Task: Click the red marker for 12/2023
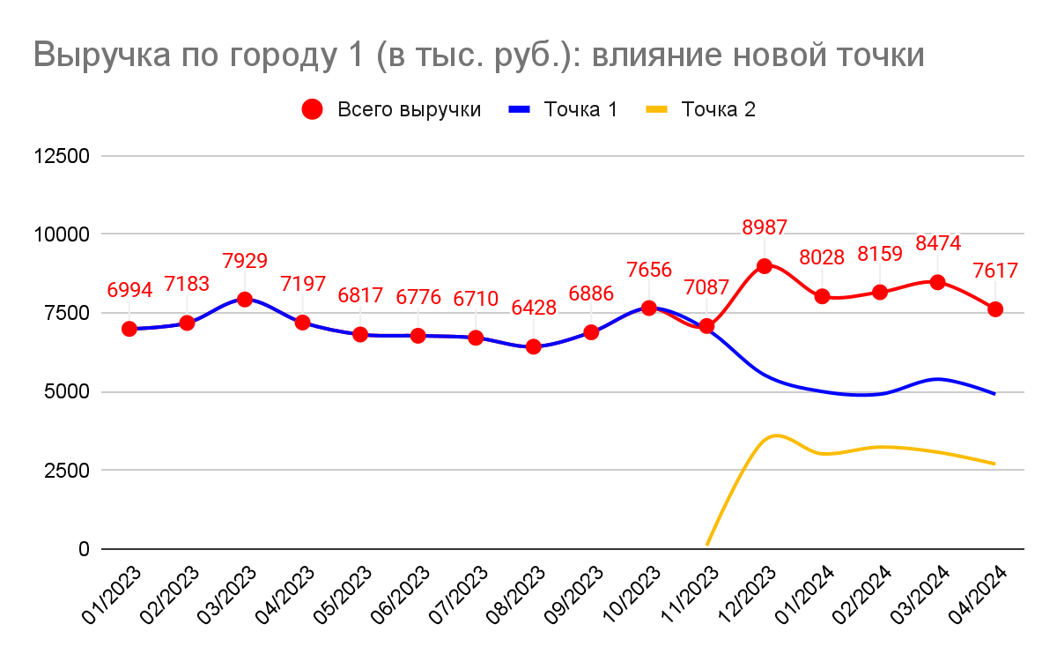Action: click(765, 265)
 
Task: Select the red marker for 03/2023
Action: click(245, 300)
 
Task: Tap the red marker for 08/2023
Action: click(533, 346)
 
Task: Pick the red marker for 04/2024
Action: click(995, 309)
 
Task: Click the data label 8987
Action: click(765, 227)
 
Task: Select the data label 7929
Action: click(245, 261)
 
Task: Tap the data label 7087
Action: click(706, 287)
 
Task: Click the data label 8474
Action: click(937, 243)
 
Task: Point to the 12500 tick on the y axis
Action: click(62, 156)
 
